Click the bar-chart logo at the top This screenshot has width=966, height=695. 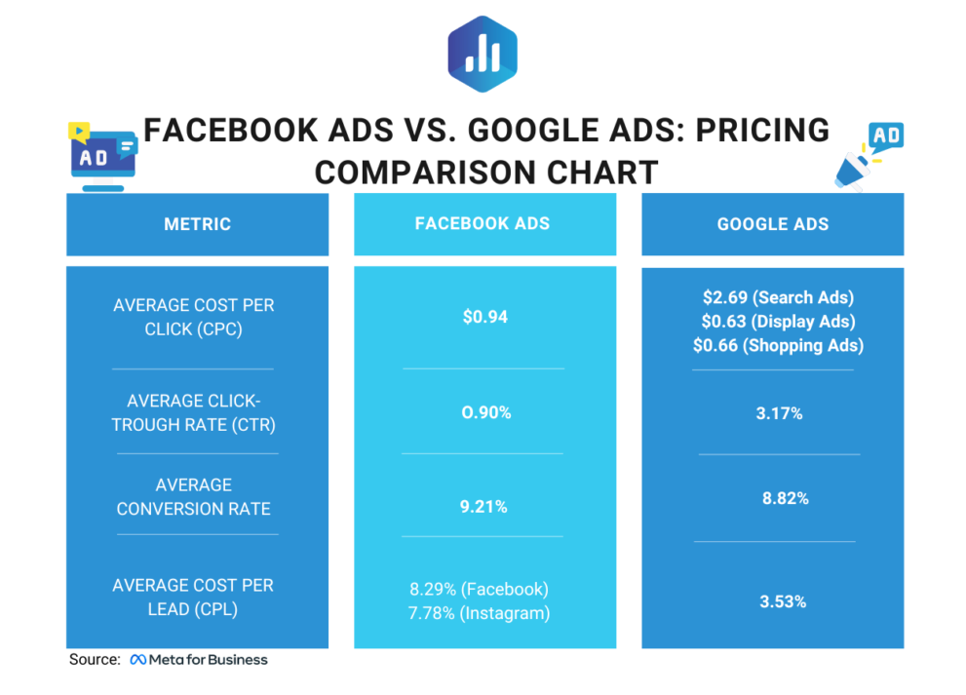click(482, 54)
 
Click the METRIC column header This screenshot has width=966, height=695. click(197, 224)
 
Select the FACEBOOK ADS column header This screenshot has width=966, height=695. click(483, 223)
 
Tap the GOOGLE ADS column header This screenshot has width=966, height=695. click(772, 224)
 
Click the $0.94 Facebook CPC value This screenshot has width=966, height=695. click(484, 317)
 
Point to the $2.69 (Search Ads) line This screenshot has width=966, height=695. click(778, 297)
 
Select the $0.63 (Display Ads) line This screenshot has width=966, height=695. click(778, 321)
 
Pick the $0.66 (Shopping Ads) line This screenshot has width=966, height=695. click(778, 345)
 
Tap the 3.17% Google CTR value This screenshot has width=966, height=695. click(779, 413)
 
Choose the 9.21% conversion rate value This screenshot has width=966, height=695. click(485, 506)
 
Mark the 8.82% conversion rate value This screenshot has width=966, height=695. click(785, 498)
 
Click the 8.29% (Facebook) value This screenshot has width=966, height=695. click(479, 589)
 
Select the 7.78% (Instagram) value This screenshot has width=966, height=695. click(479, 613)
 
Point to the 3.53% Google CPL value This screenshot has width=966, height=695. click(782, 601)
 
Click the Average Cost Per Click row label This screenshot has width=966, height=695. click(194, 317)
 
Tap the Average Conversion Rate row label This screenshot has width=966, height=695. click(194, 496)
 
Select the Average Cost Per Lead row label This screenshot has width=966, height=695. click(193, 597)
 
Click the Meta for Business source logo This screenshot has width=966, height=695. click(199, 660)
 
